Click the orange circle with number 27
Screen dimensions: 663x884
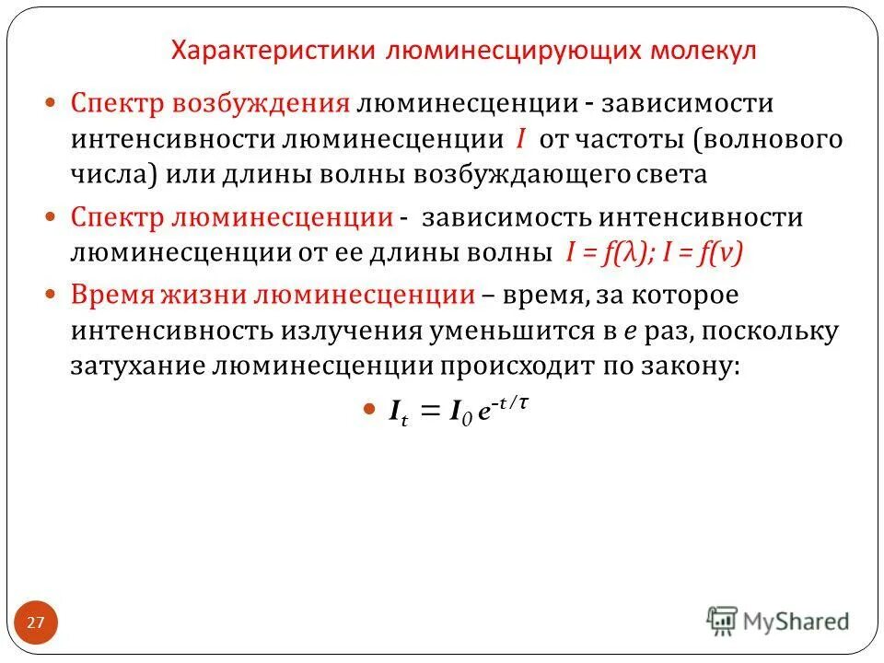36,623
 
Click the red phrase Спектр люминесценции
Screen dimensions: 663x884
232,217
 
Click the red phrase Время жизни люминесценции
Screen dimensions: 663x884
273,296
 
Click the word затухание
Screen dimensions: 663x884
138,364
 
